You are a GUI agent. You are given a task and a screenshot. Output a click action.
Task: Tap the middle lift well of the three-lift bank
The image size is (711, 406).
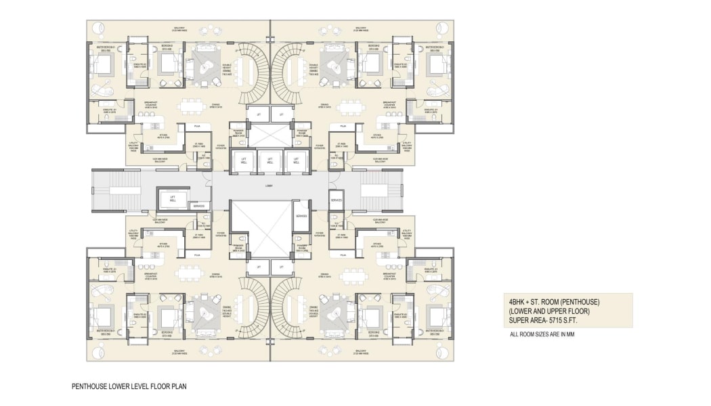coord(270,161)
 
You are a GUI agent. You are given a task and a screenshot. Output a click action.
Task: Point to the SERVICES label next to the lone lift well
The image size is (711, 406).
coord(198,206)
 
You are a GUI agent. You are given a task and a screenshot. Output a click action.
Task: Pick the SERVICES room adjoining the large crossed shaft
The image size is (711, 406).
coord(302,216)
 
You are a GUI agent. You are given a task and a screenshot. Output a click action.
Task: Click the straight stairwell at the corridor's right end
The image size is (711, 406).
coord(375,194)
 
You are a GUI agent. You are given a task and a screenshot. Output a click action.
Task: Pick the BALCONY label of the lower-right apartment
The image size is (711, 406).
coord(361,351)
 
